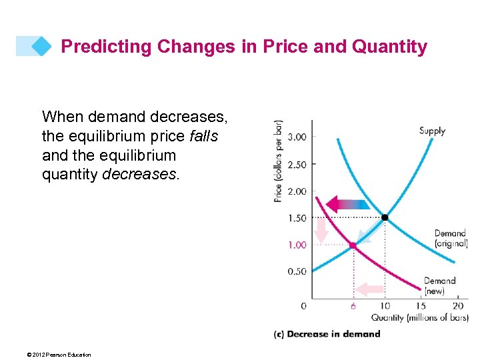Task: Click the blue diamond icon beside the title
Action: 41,46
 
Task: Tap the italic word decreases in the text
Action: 145,175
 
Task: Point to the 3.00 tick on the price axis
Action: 297,137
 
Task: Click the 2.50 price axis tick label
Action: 297,164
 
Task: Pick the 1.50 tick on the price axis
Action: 297,218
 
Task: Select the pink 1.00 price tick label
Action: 297,245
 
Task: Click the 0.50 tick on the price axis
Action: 297,271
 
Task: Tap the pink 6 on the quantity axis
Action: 353,305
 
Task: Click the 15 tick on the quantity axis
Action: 421,305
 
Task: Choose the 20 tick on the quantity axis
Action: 457,305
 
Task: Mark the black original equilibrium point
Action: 385,217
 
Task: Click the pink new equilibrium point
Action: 353,245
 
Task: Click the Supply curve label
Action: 432,131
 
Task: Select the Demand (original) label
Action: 451,238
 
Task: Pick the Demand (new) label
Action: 440,286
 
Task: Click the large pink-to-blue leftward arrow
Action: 347,204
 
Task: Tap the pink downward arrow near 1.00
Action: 321,231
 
